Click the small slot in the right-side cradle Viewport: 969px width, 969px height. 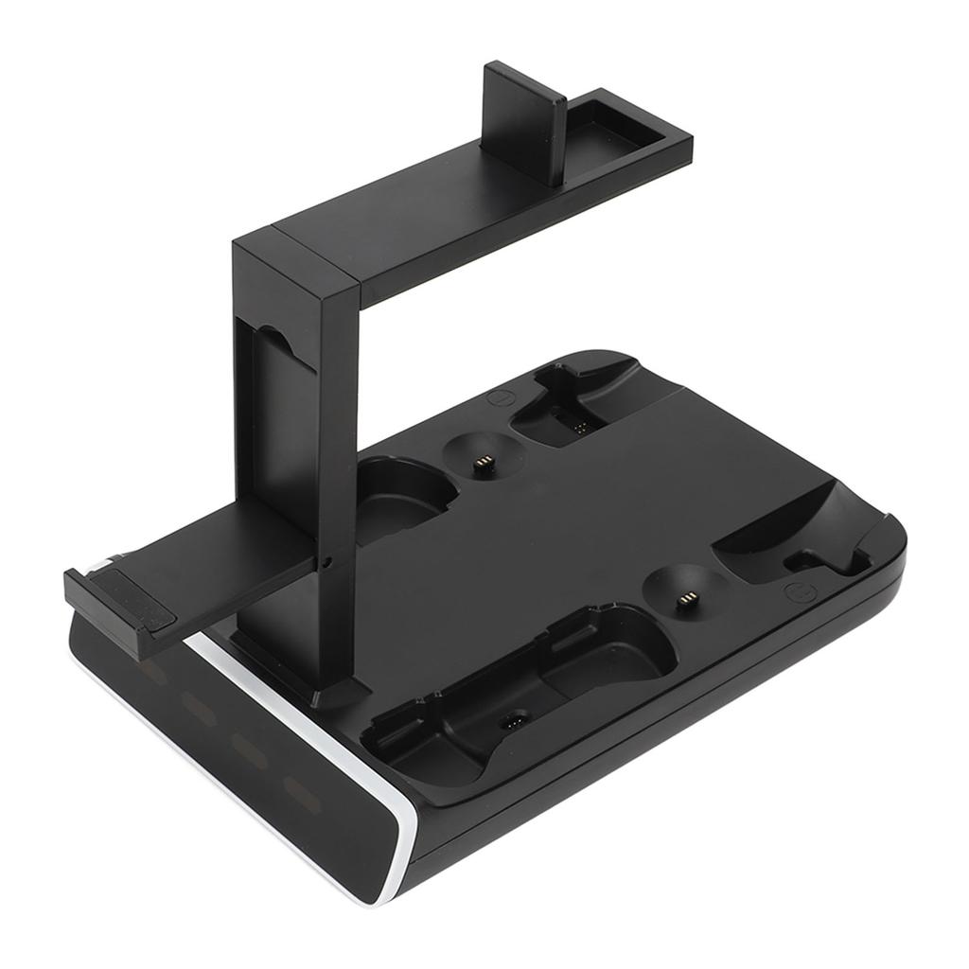pos(801,563)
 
